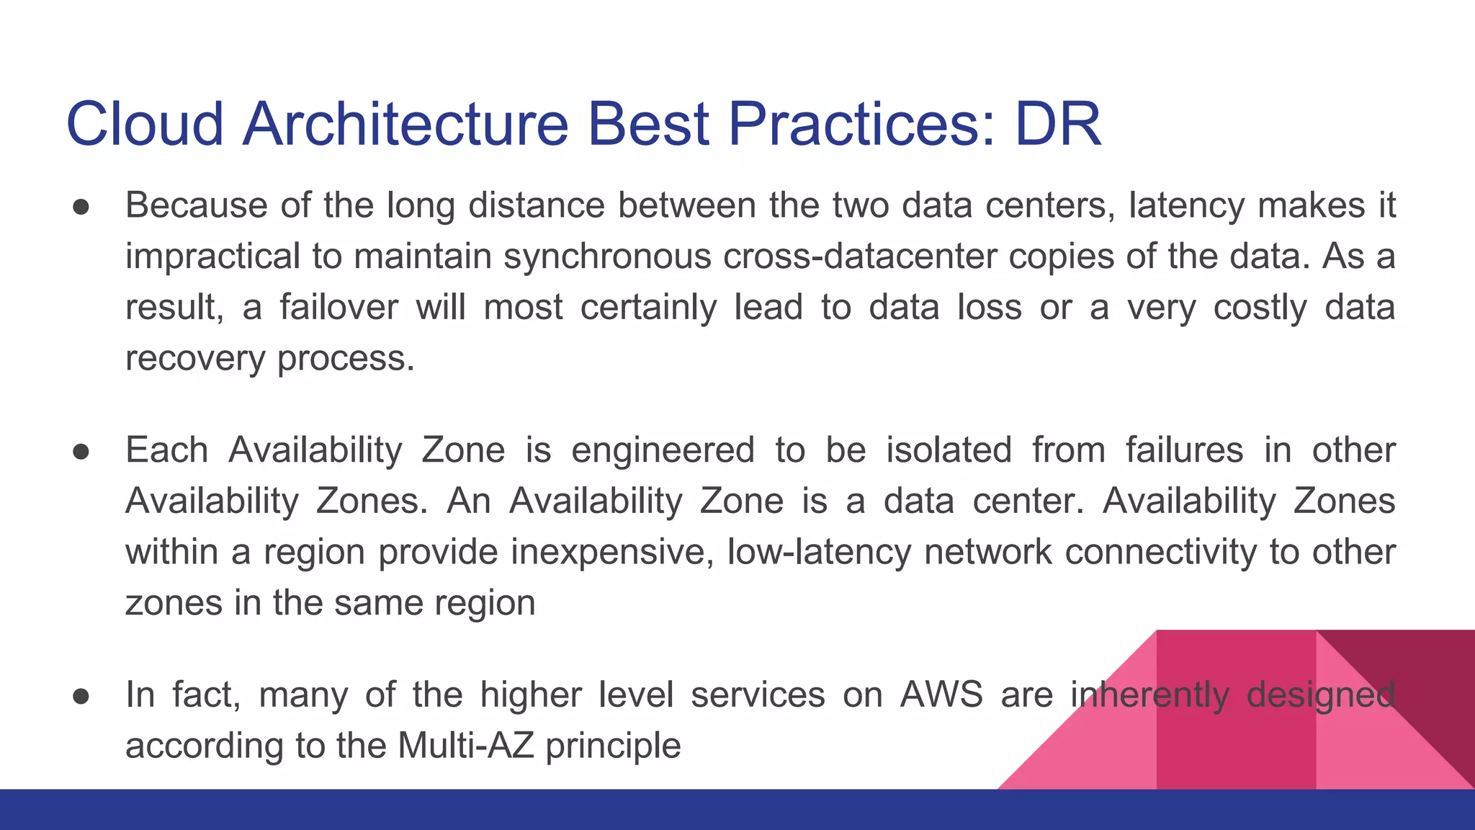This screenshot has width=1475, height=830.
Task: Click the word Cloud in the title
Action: (145, 124)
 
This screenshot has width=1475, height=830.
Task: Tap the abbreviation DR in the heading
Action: (1058, 124)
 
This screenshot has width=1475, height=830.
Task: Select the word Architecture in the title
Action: (405, 124)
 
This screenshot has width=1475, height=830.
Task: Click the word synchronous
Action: (607, 256)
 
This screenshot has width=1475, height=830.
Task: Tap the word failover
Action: (339, 308)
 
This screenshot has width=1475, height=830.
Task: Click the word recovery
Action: (195, 359)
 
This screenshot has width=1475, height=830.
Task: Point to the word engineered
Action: (663, 450)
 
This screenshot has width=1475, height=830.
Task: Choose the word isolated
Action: (949, 450)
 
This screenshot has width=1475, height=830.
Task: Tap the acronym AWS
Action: (941, 695)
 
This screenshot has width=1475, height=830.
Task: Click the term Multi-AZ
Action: (465, 746)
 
